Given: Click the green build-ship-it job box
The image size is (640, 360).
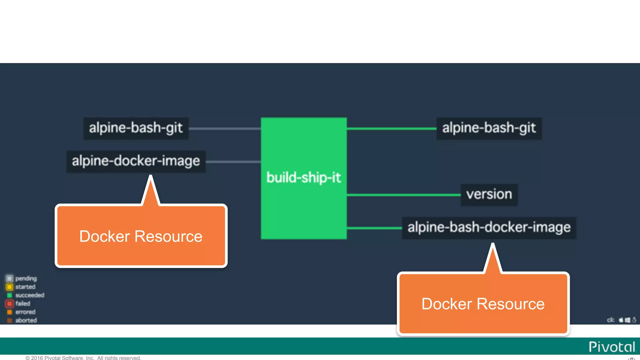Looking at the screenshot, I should click(x=303, y=178).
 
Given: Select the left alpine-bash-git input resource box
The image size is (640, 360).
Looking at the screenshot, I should click(x=136, y=128).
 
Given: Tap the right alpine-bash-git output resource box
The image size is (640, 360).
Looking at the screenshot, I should click(x=489, y=128).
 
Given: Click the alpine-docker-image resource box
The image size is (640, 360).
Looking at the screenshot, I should click(x=136, y=161).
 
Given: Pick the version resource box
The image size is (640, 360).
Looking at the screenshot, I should click(x=489, y=195).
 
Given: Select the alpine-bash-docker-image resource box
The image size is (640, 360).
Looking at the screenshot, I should click(x=489, y=227).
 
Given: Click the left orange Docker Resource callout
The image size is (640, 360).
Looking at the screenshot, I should click(x=141, y=236).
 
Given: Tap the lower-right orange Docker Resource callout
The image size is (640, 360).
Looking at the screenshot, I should click(x=483, y=304).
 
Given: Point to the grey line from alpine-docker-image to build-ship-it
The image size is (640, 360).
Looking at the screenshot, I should click(x=233, y=162).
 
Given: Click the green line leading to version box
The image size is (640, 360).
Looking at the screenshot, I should click(x=403, y=195).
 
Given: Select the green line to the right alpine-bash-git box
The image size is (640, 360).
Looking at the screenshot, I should click(x=391, y=128).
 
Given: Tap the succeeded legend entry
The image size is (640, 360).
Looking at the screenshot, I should click(x=25, y=295).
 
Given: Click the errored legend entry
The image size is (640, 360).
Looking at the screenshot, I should click(x=21, y=312).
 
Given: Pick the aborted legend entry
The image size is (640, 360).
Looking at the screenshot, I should click(x=22, y=320).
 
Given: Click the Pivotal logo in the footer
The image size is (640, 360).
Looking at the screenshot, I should click(x=612, y=347).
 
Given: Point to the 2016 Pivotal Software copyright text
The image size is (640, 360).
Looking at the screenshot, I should click(x=83, y=358).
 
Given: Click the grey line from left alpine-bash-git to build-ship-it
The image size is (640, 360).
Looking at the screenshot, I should click(x=224, y=128).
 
